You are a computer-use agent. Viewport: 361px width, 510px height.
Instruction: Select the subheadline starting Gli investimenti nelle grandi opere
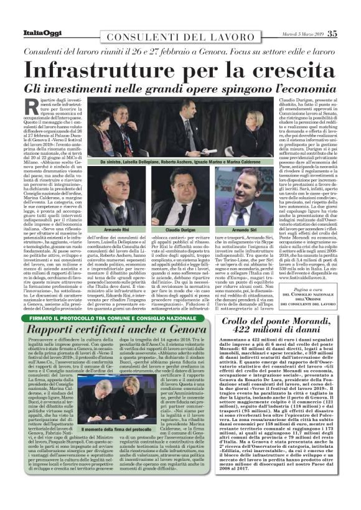click(180, 87)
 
